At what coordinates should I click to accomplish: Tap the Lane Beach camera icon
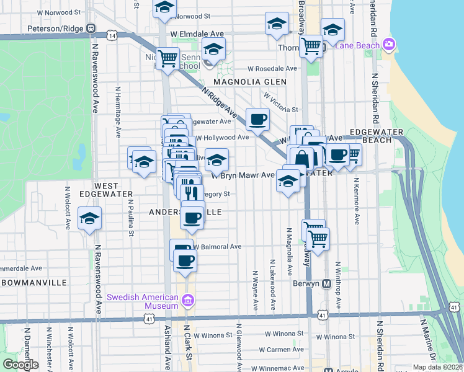[389, 44]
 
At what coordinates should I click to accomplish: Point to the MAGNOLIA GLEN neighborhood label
[250, 82]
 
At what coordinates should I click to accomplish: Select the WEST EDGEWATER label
[106, 192]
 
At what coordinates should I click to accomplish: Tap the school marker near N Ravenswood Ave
[90, 218]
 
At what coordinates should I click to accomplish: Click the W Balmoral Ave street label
[217, 246]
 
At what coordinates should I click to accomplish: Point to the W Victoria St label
[280, 103]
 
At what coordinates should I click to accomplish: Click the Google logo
[20, 365]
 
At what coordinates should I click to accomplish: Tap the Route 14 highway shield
[112, 36]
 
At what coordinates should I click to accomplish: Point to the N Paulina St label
[132, 217]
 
